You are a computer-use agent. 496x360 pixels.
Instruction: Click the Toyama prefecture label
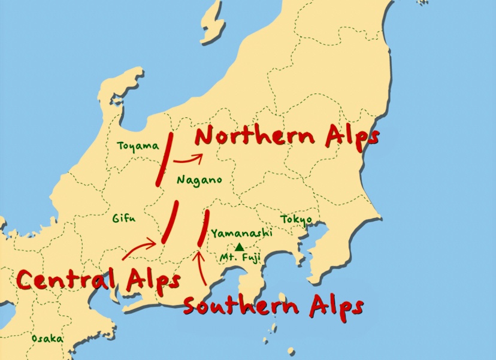138,146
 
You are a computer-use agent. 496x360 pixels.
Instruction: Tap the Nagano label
199,179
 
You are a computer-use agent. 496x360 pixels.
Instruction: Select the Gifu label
123,218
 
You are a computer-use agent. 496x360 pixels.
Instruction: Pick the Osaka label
47,338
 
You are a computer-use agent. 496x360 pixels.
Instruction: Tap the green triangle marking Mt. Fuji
239,247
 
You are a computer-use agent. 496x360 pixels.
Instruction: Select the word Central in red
66,279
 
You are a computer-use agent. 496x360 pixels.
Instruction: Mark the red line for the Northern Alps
165,159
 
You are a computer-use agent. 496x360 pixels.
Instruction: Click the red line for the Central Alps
170,222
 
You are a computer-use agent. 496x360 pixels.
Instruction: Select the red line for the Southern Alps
203,227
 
